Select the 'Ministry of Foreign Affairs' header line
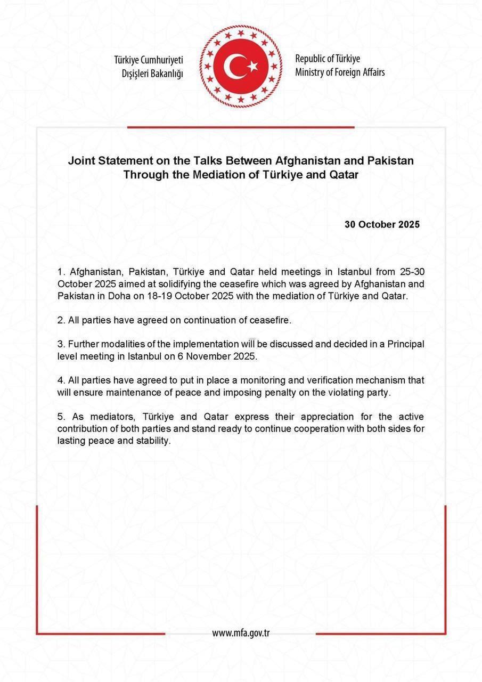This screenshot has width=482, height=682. pyautogui.click(x=340, y=72)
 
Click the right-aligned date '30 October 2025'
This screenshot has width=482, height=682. pyautogui.click(x=382, y=224)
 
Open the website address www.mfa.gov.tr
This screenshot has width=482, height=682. pyautogui.click(x=241, y=633)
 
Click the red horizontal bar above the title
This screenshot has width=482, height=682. pyautogui.click(x=241, y=127)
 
